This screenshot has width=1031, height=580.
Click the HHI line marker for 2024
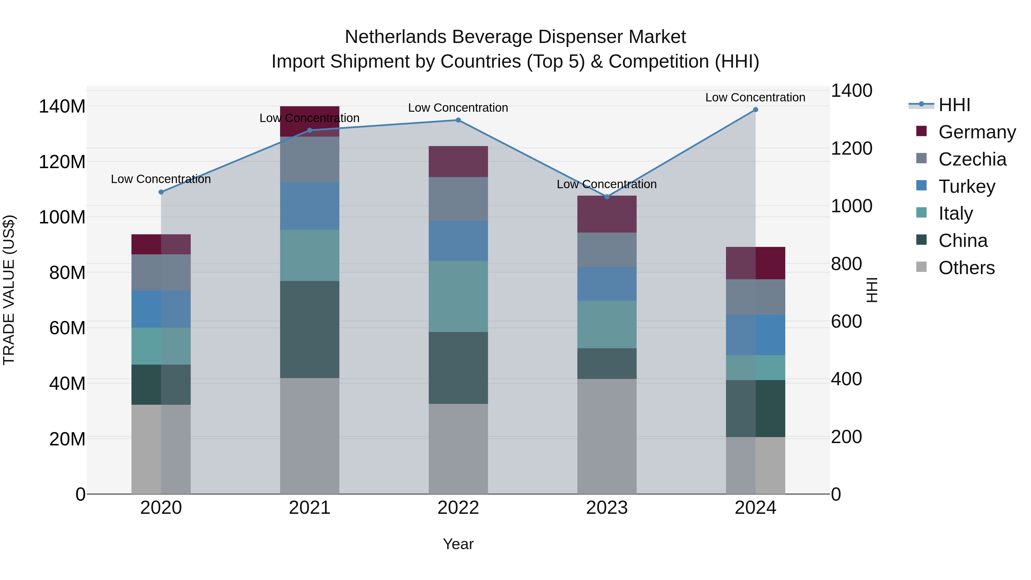point(755,110)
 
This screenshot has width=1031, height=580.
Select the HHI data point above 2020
point(161,192)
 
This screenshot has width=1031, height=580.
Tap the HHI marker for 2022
point(458,120)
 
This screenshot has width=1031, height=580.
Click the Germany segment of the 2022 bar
point(458,162)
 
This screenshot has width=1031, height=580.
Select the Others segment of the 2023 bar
point(607,436)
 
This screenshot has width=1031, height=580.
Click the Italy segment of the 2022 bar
point(458,297)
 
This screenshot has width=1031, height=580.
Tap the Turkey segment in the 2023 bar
point(607,284)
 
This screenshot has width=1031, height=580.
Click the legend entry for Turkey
point(966,186)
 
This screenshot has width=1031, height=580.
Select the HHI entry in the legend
point(954,105)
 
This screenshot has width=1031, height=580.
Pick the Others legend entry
point(966,268)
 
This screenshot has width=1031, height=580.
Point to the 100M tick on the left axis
point(62,217)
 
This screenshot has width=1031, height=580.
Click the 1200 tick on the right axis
point(851,148)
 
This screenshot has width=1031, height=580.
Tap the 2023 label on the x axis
point(607,508)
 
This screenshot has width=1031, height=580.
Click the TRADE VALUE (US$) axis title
point(9,290)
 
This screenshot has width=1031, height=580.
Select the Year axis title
point(458,544)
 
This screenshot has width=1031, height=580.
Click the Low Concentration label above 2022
point(458,108)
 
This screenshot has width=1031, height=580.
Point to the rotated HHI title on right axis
point(871,290)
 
